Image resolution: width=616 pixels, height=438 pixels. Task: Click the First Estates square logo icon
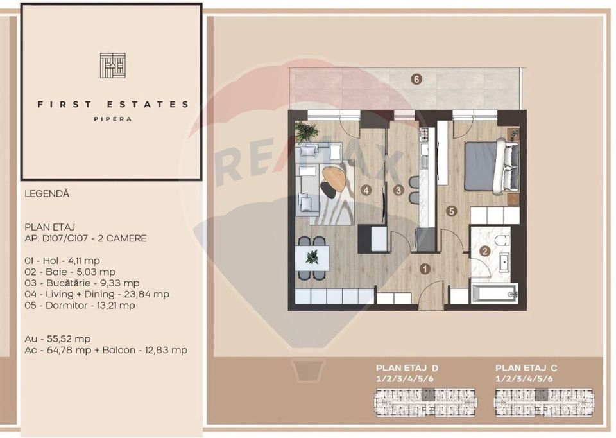[112, 66]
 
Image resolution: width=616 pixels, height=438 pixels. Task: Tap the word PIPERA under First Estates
[112, 119]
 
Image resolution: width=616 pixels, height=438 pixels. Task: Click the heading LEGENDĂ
[47, 193]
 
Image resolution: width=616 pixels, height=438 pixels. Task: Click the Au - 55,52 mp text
[57, 338]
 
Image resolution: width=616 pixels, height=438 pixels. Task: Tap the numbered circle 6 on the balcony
[417, 80]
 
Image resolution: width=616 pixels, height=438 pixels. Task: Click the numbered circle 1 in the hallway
[424, 269]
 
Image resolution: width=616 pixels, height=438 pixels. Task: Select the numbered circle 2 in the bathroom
[486, 252]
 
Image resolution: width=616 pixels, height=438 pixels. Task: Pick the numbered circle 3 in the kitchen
[398, 190]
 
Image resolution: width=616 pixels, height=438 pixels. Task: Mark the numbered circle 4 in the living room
[366, 190]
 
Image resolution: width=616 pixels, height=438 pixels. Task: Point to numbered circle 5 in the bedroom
[452, 210]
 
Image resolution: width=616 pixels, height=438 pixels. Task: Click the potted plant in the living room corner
[307, 131]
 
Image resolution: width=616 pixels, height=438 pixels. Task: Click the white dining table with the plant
[312, 257]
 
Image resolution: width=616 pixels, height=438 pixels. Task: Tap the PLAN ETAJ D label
[407, 367]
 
